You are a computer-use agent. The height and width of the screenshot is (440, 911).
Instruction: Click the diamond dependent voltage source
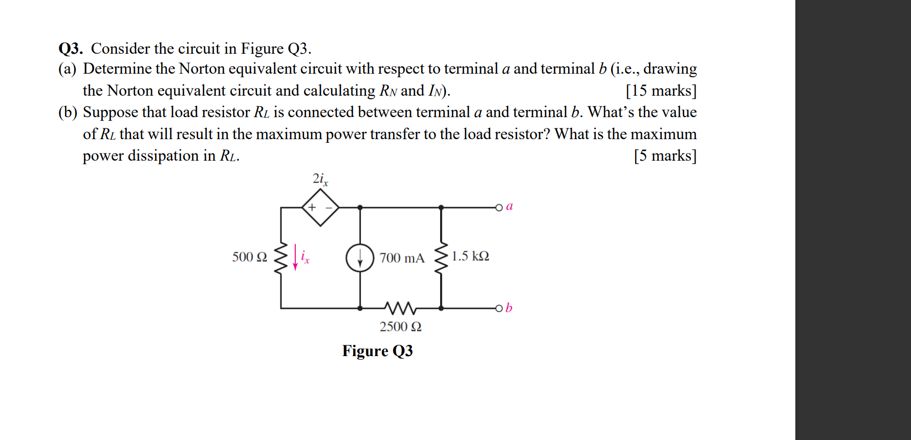click(x=320, y=207)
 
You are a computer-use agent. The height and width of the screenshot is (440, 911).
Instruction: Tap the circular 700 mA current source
click(x=360, y=258)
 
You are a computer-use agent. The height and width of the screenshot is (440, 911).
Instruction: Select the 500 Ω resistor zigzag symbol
click(x=280, y=257)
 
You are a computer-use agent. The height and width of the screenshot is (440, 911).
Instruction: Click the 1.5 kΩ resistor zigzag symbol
click(x=441, y=257)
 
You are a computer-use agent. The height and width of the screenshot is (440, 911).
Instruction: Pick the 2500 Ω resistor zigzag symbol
click(x=400, y=308)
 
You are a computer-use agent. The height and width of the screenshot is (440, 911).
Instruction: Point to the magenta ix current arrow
click(x=295, y=257)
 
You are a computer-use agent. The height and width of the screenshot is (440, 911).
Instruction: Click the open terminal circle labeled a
click(x=499, y=207)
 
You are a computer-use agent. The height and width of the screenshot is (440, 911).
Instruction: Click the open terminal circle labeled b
click(x=499, y=308)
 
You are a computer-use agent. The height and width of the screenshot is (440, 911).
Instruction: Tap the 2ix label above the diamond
click(x=320, y=179)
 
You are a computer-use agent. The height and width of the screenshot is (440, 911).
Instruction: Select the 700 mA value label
click(x=402, y=258)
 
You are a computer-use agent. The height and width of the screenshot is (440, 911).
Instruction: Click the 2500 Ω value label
click(x=400, y=326)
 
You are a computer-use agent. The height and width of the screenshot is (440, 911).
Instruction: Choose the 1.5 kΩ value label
click(x=470, y=256)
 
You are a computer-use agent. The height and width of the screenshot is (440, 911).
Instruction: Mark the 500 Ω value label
click(x=249, y=257)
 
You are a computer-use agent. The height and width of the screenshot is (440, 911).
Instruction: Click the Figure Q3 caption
click(x=377, y=351)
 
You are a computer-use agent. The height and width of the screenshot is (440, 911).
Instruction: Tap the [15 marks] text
click(x=661, y=91)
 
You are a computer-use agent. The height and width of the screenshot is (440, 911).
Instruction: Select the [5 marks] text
click(x=665, y=156)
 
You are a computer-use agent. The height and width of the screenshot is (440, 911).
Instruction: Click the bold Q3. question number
click(x=71, y=49)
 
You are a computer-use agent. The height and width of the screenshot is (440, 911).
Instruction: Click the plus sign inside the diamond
click(x=312, y=207)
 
